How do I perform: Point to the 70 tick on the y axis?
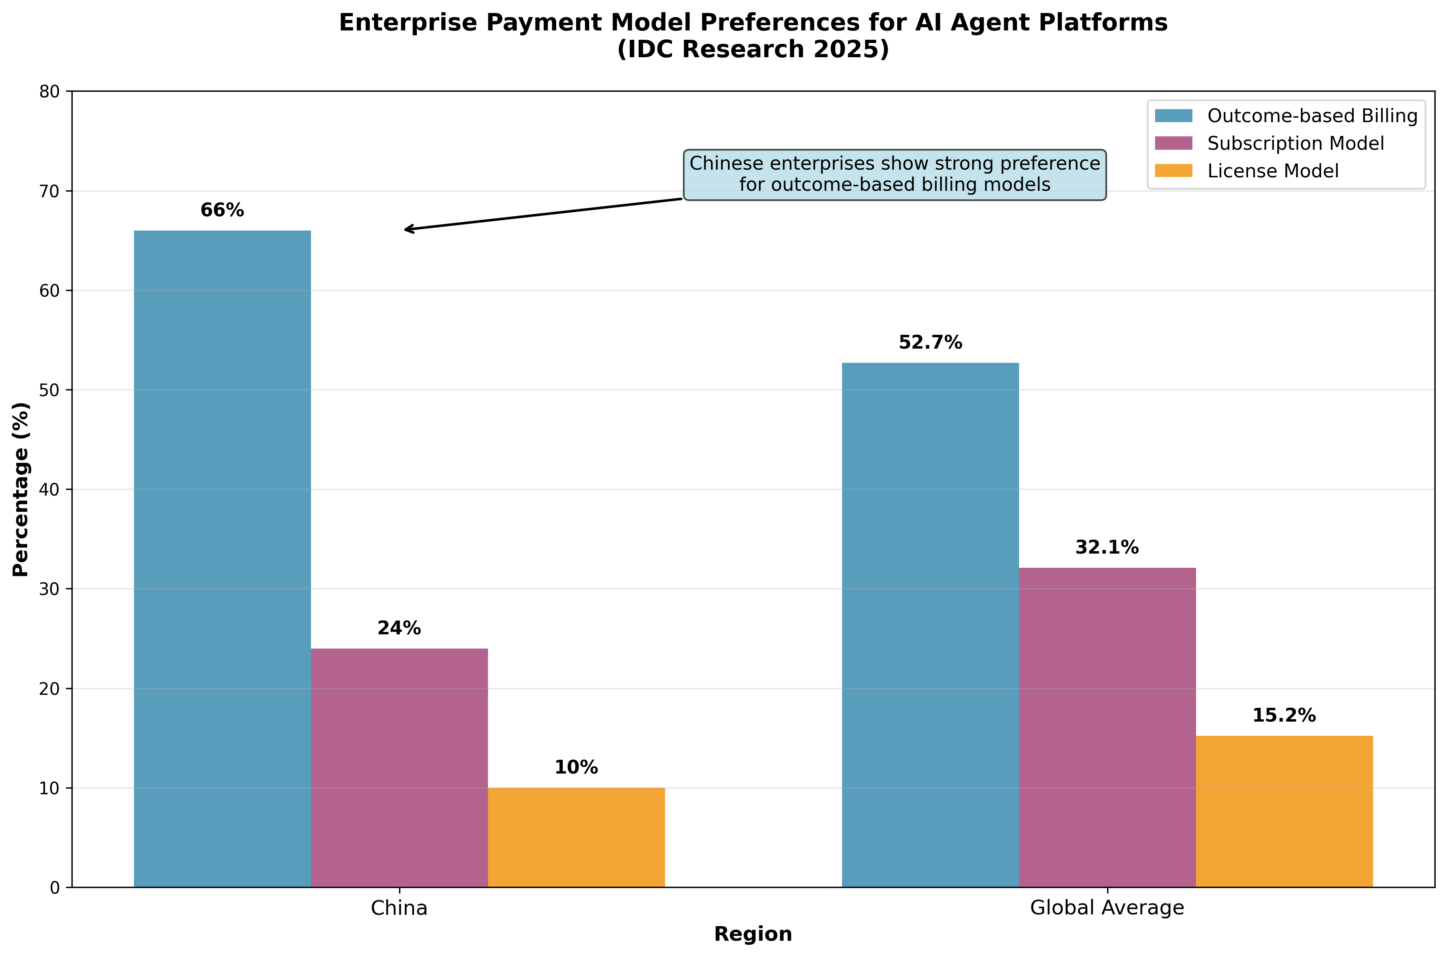(x=50, y=192)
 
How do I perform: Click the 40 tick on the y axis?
(x=50, y=489)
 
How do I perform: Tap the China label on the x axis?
(x=399, y=908)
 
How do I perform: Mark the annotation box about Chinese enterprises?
(x=894, y=175)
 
